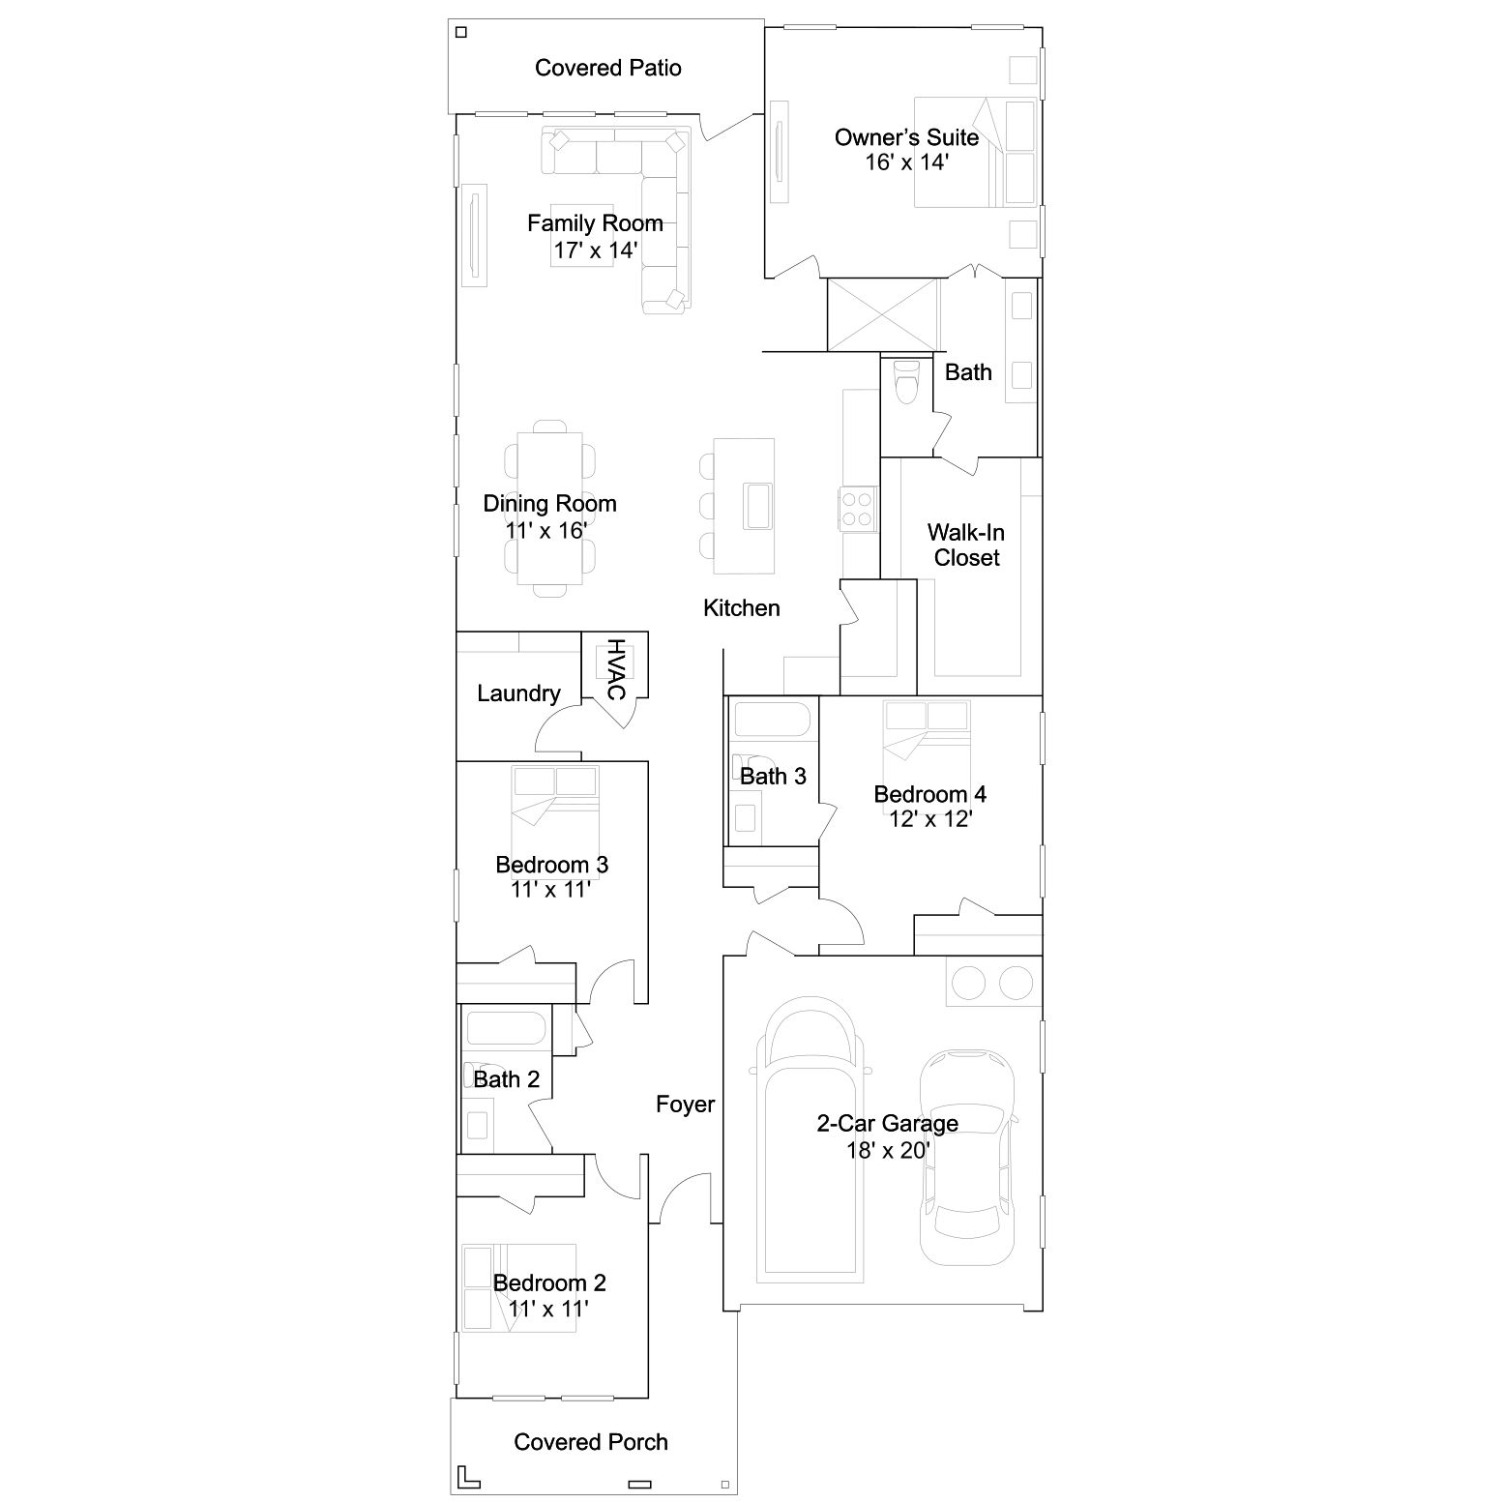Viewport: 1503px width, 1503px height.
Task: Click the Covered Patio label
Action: point(607,68)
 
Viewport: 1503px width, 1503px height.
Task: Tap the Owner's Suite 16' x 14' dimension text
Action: point(906,162)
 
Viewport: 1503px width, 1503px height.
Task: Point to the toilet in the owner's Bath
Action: point(905,381)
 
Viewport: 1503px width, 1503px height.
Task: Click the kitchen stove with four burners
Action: point(857,509)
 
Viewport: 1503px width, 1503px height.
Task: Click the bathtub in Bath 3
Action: point(772,722)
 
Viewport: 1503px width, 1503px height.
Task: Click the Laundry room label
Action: point(518,693)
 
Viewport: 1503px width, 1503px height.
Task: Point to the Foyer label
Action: point(685,1105)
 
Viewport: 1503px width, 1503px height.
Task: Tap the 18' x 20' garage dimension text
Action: point(887,1150)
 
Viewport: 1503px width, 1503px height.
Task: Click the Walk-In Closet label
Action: point(966,545)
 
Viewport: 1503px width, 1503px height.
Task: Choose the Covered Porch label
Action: point(591,1442)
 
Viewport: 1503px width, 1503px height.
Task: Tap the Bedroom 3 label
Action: point(551,865)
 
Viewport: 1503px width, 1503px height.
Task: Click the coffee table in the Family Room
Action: point(582,236)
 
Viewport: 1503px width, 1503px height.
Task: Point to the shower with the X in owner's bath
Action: point(882,314)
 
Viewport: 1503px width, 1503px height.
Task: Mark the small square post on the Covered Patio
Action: point(461,32)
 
